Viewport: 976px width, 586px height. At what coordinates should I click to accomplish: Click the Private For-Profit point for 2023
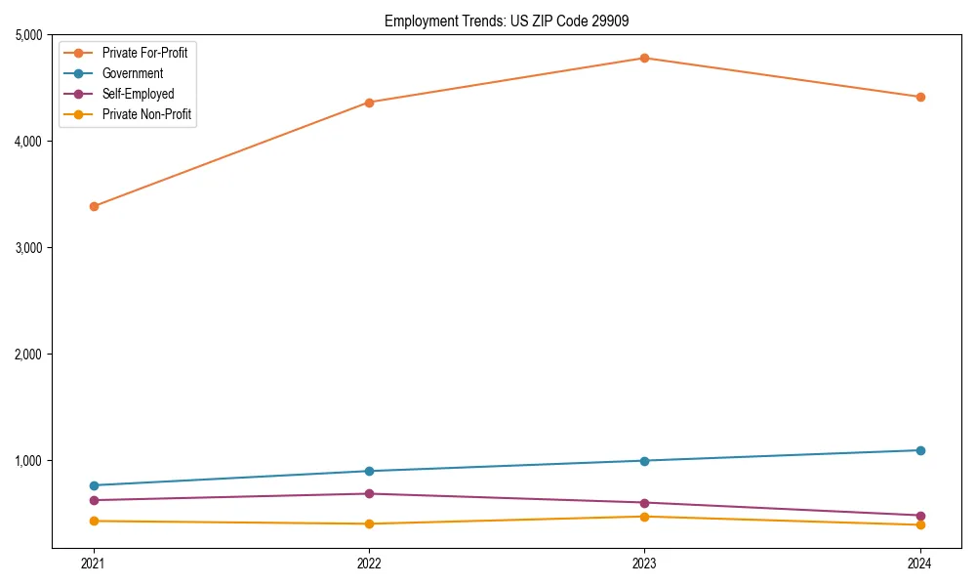[644, 58]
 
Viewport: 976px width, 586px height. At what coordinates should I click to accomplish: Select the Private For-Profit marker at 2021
[94, 206]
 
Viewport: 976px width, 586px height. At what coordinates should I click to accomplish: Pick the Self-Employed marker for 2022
[369, 493]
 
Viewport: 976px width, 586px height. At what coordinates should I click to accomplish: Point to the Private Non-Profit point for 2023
[644, 516]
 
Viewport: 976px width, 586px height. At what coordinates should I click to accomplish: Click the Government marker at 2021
[94, 485]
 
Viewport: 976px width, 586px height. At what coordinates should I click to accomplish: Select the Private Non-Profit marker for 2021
[94, 521]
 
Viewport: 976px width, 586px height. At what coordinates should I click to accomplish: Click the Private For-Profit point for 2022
[369, 102]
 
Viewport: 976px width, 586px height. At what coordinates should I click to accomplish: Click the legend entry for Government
[133, 73]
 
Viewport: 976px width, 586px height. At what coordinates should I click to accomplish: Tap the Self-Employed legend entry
[138, 94]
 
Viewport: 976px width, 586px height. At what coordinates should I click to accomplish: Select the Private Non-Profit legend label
[146, 114]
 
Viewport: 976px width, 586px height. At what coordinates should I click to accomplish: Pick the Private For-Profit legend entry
[144, 53]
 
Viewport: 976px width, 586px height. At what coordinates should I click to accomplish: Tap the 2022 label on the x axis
[369, 563]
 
